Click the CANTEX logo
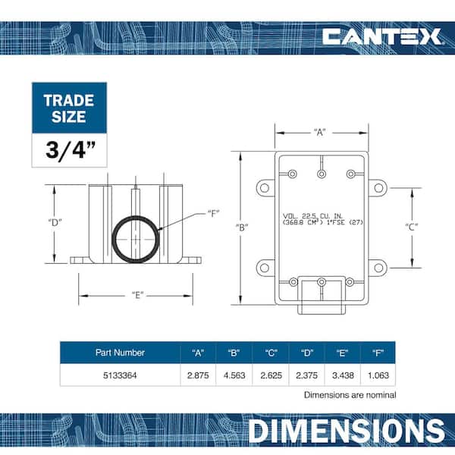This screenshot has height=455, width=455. tap(382, 36)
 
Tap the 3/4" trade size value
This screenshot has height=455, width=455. tap(71, 150)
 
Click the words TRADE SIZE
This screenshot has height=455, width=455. tap(69, 108)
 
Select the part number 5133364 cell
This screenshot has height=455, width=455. tap(120, 375)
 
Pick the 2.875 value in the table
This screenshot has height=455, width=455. tap(198, 375)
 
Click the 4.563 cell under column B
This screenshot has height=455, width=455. tap(234, 375)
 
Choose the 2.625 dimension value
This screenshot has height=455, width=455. tap(271, 375)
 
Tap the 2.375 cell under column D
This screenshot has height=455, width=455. tap(306, 375)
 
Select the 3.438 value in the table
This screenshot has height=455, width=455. tap(343, 375)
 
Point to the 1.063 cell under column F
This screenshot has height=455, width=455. tap(378, 375)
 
